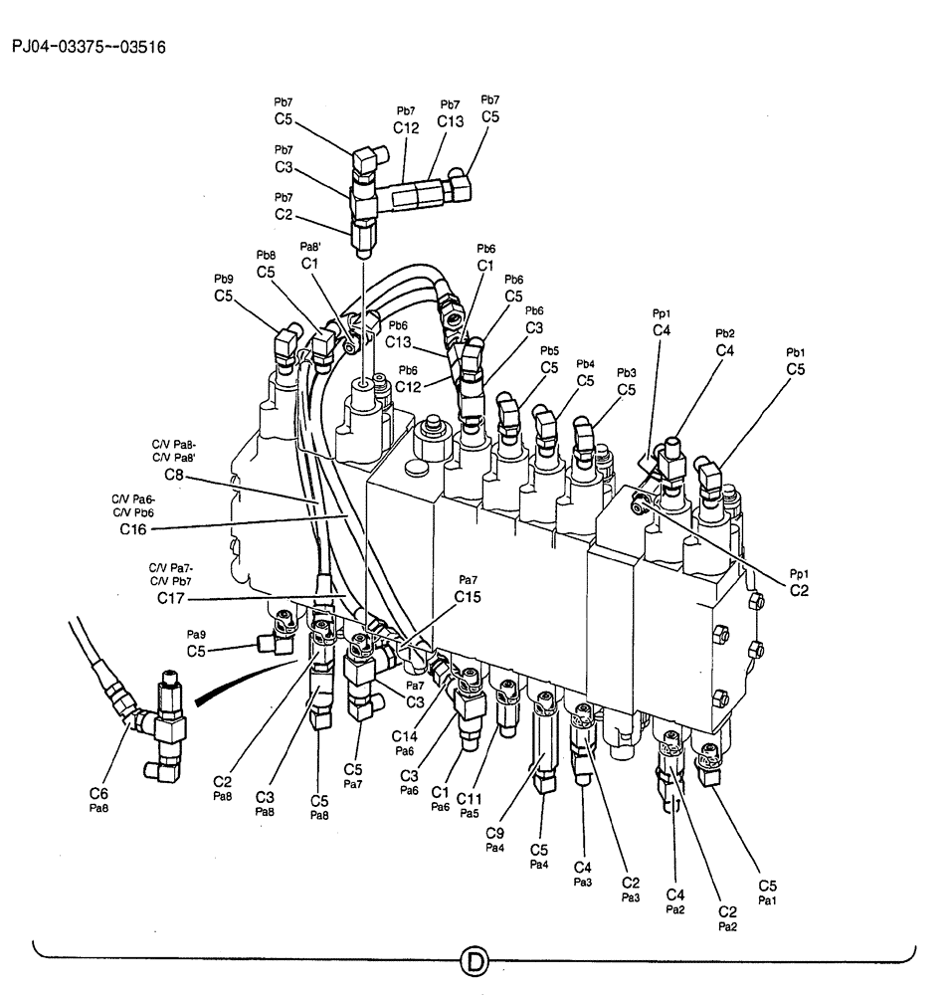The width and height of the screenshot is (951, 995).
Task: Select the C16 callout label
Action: pyautogui.click(x=133, y=529)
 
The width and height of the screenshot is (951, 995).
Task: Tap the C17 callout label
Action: pyautogui.click(x=172, y=598)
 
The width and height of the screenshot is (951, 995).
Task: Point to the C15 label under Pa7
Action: pyautogui.click(x=468, y=596)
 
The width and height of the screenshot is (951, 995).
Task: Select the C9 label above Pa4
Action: pyautogui.click(x=494, y=833)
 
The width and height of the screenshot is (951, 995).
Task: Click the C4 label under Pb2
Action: pyautogui.click(x=725, y=350)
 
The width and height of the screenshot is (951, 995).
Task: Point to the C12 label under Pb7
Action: pyautogui.click(x=406, y=127)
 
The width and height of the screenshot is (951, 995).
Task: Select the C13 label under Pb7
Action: pyautogui.click(x=450, y=121)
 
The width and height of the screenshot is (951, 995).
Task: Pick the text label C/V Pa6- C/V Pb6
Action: pyautogui.click(x=135, y=504)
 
